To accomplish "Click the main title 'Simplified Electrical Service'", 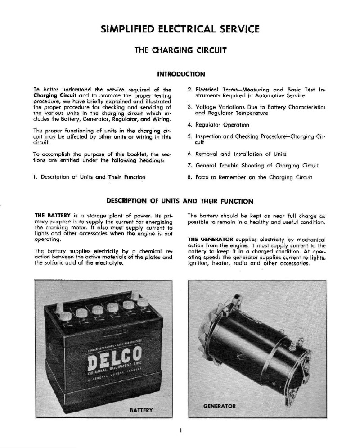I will click(x=180, y=30).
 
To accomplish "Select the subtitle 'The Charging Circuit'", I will click(x=180, y=50).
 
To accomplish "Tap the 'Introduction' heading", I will click(x=180, y=73).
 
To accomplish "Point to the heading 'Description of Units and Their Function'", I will click(x=180, y=201).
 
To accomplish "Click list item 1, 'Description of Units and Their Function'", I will click(x=90, y=177).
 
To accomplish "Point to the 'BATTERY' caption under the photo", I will click(x=141, y=410).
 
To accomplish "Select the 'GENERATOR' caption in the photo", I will click(x=220, y=406).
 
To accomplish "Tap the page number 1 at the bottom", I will click(x=180, y=431).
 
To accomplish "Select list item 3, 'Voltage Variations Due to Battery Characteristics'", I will click(x=256, y=110).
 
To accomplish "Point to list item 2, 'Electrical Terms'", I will click(x=256, y=93).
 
